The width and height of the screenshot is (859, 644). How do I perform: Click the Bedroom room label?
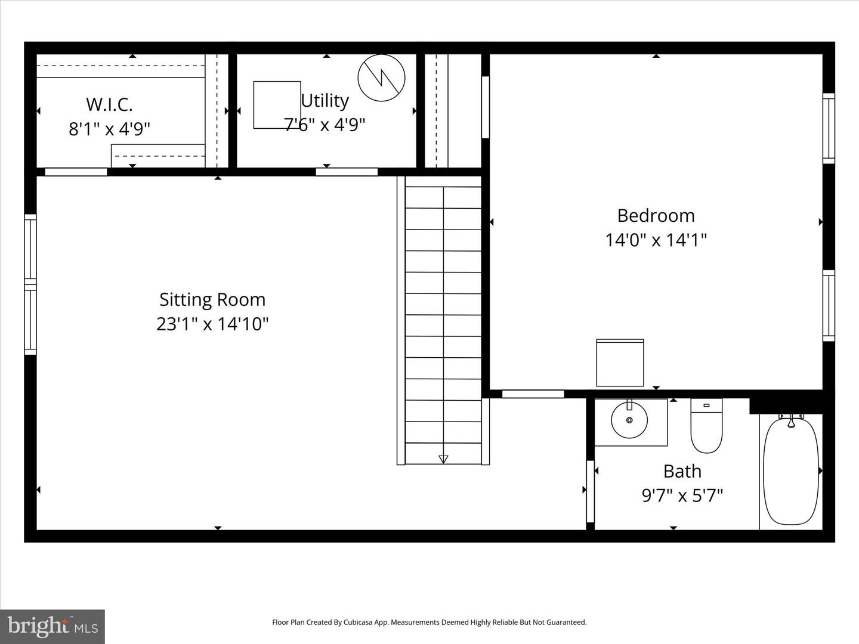point(656,215)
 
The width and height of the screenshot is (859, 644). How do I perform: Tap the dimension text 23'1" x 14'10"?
point(212,324)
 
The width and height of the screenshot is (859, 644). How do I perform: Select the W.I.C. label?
point(109,104)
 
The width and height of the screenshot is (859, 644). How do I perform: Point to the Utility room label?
point(325,101)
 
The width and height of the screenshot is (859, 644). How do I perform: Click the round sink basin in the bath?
point(629,420)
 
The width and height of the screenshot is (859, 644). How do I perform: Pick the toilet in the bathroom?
point(706,425)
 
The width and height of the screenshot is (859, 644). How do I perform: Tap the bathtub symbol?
point(791,471)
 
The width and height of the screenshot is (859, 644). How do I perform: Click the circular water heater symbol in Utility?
point(381,78)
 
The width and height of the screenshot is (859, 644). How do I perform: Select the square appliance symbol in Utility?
point(277,105)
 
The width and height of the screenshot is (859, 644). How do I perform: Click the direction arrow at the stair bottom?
point(443,459)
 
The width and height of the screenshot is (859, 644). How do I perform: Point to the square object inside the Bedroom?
point(620,363)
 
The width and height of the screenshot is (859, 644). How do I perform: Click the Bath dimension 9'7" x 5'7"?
point(682,496)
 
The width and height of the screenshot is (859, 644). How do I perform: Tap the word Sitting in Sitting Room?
point(185,299)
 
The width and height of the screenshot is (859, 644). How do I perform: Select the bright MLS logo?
point(52,626)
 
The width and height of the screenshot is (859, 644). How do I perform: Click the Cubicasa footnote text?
point(429,622)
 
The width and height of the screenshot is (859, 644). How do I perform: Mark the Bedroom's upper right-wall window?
point(829,128)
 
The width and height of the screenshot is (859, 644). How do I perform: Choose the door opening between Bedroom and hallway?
point(533,394)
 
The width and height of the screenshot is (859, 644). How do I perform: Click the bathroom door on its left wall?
point(590,492)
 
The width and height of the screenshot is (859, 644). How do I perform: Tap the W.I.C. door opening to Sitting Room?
point(76,172)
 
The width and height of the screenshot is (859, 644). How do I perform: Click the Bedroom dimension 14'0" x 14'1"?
point(656,240)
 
